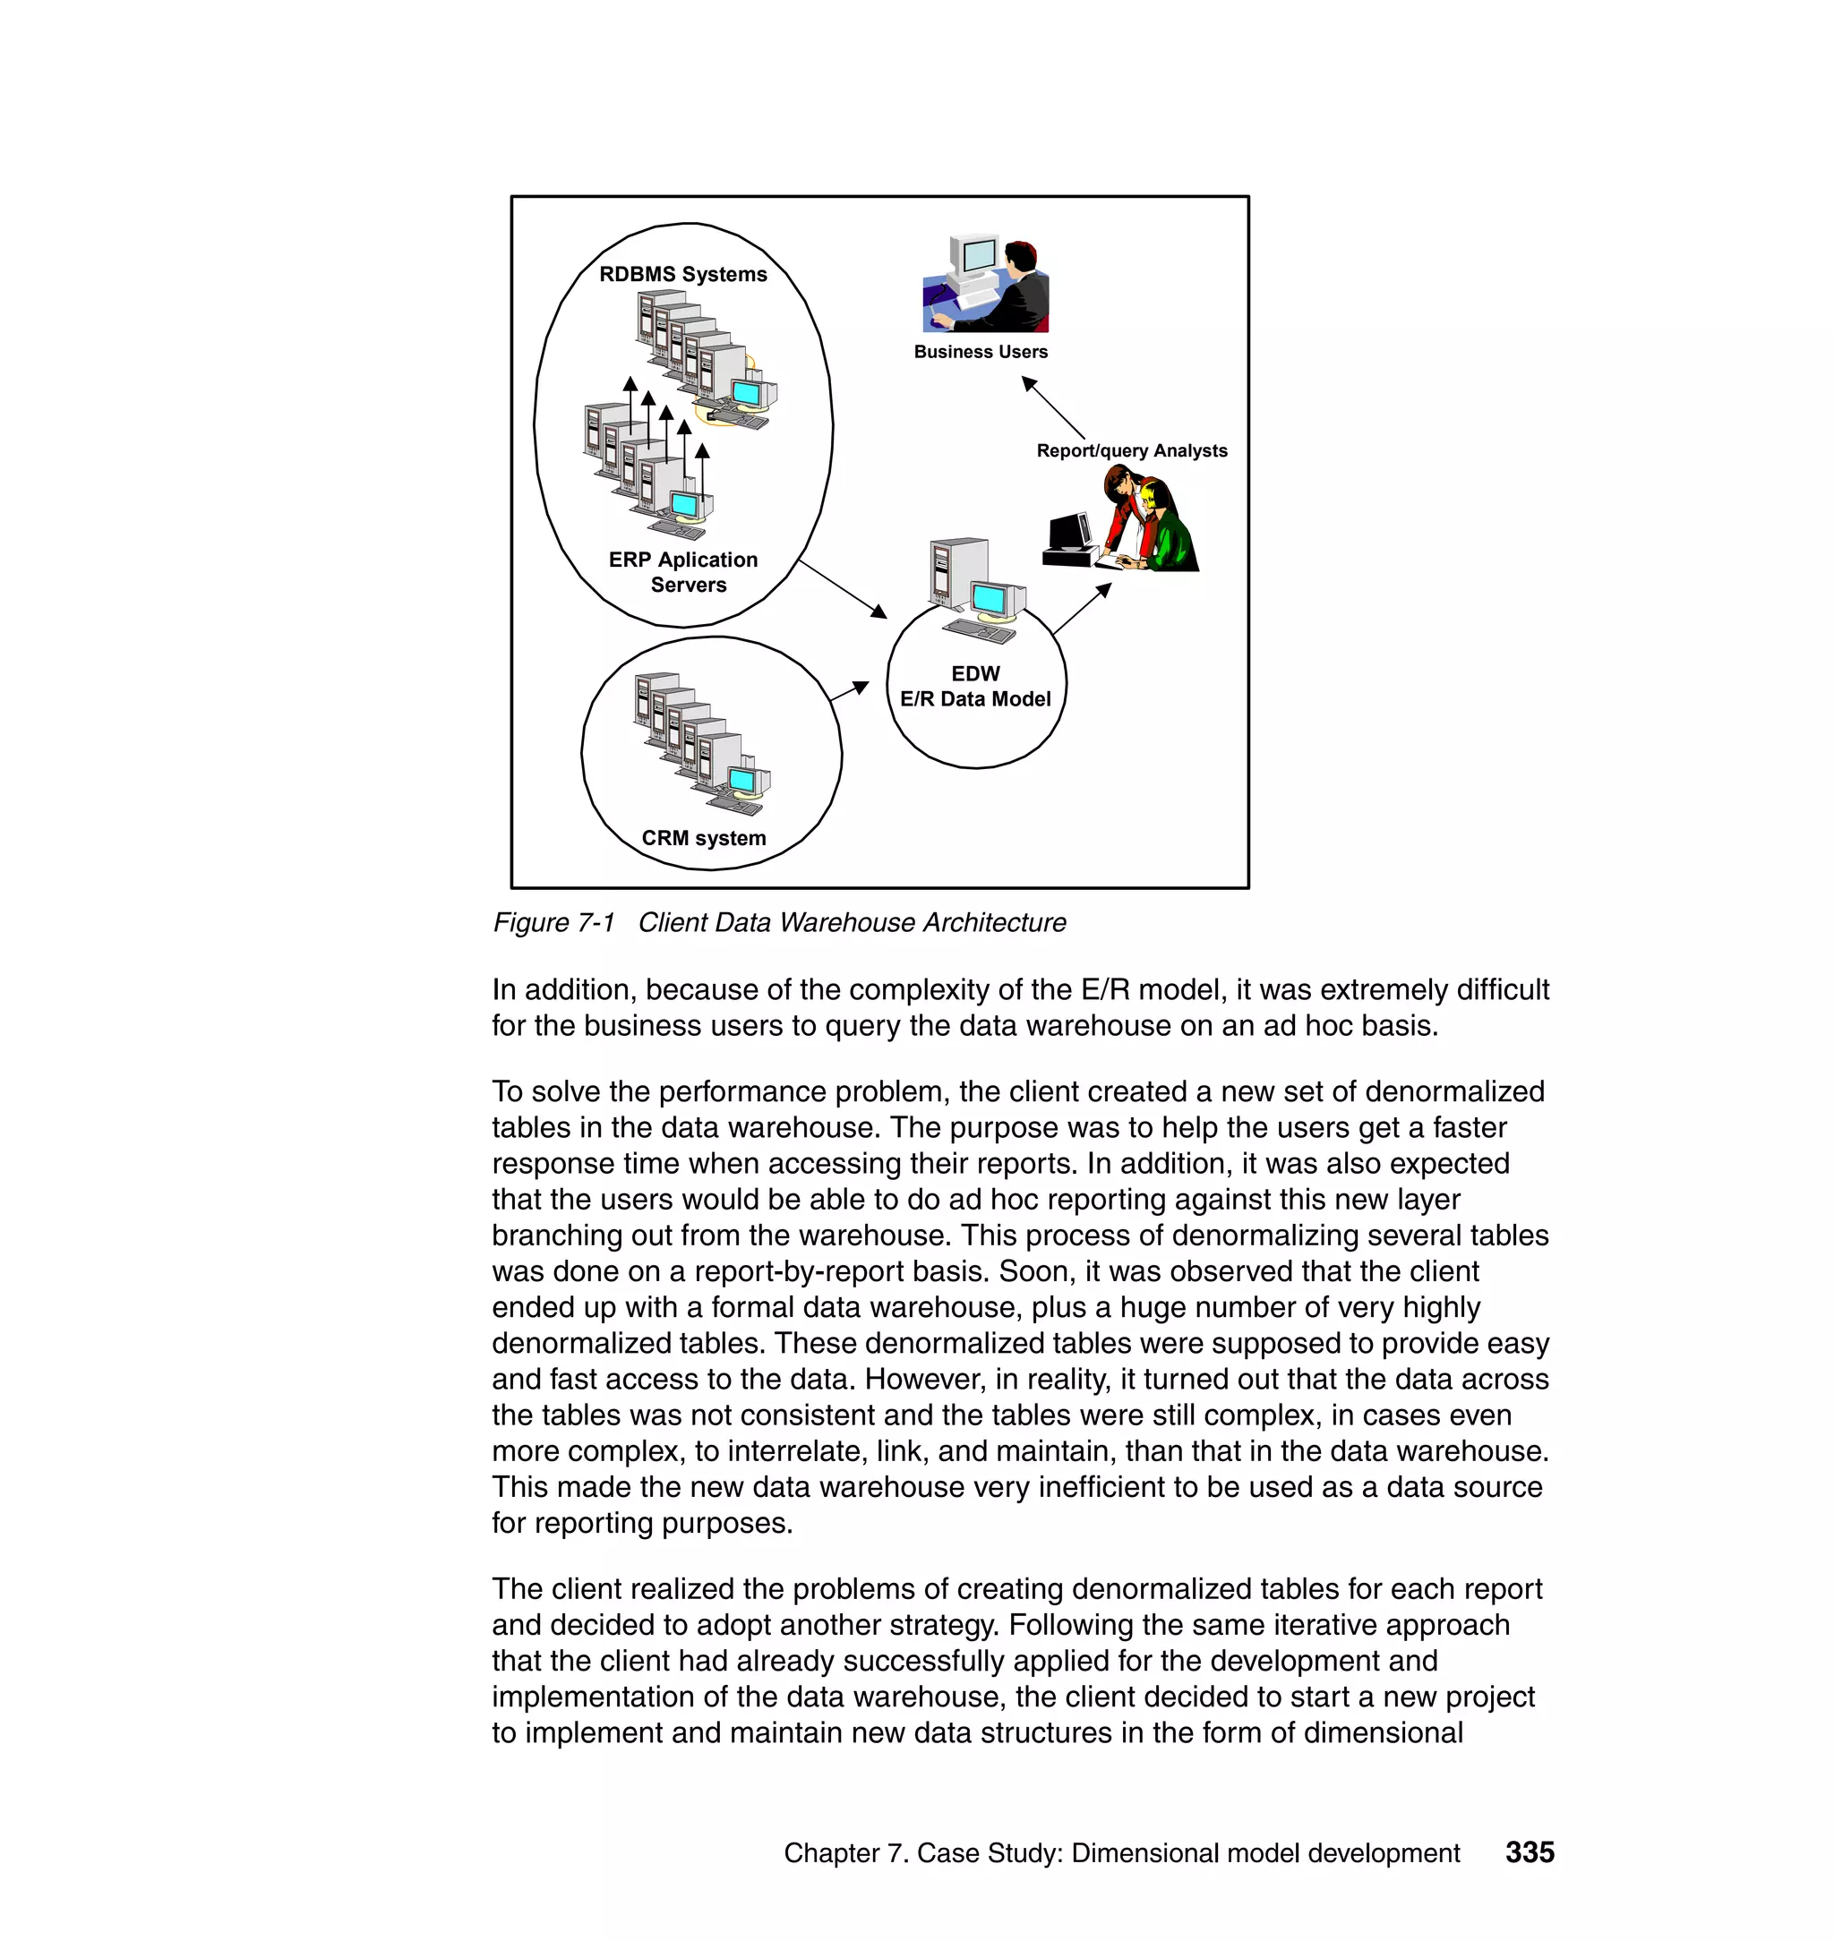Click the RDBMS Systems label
682,275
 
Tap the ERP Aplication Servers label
683,572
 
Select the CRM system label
703,838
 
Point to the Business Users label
980,352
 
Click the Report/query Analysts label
1131,450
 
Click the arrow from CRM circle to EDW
849,691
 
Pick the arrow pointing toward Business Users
1054,408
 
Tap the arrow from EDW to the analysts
1082,609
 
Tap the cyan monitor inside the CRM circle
743,781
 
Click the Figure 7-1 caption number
553,923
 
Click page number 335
1529,1852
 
